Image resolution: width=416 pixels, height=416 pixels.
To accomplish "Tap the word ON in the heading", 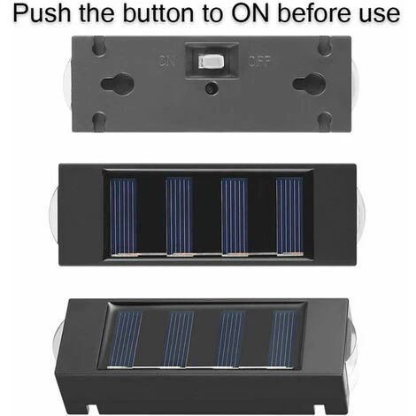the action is click(250, 13).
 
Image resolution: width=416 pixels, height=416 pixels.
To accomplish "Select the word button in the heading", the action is click(158, 13).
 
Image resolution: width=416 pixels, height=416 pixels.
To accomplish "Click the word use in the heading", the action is click(380, 15).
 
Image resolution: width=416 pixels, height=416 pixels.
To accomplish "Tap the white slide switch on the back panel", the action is click(211, 61).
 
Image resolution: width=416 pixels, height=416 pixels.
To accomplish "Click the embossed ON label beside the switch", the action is click(167, 61).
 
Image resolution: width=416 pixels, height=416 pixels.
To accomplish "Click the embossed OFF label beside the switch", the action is click(259, 61).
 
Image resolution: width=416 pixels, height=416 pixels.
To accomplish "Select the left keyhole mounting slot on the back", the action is click(118, 83).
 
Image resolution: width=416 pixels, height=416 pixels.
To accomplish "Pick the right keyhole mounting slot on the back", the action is click(309, 83).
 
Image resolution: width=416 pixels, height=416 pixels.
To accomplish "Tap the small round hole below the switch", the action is click(212, 89).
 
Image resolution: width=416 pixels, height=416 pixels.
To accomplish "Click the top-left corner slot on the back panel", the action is click(98, 45).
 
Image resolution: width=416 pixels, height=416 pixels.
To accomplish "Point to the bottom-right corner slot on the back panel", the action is click(326, 121).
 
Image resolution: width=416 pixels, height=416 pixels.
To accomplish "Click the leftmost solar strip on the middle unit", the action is click(123, 216).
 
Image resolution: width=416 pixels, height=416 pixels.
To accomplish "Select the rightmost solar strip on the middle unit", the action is click(289, 216).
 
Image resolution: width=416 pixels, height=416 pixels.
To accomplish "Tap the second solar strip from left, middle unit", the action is click(179, 216).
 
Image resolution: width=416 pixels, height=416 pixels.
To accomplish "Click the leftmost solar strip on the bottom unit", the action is click(125, 340).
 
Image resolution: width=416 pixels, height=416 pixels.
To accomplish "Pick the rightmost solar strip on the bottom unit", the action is click(281, 339).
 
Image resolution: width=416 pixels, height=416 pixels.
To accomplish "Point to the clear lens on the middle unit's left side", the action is click(54, 214).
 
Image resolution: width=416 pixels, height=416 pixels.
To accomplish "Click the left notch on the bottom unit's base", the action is click(92, 409).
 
